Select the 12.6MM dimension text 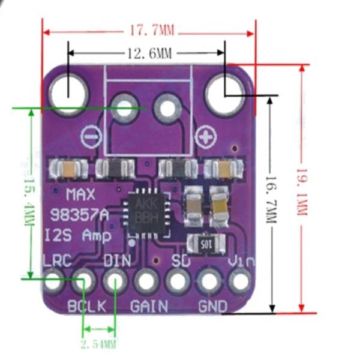coord(148,53)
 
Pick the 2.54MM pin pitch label coord(98,344)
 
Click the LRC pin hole coord(54,280)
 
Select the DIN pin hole coord(115,280)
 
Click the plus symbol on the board coord(206,137)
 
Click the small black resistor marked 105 coord(206,244)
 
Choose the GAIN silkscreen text coord(149,305)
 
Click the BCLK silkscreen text coord(86,305)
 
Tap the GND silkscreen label coord(212,305)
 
